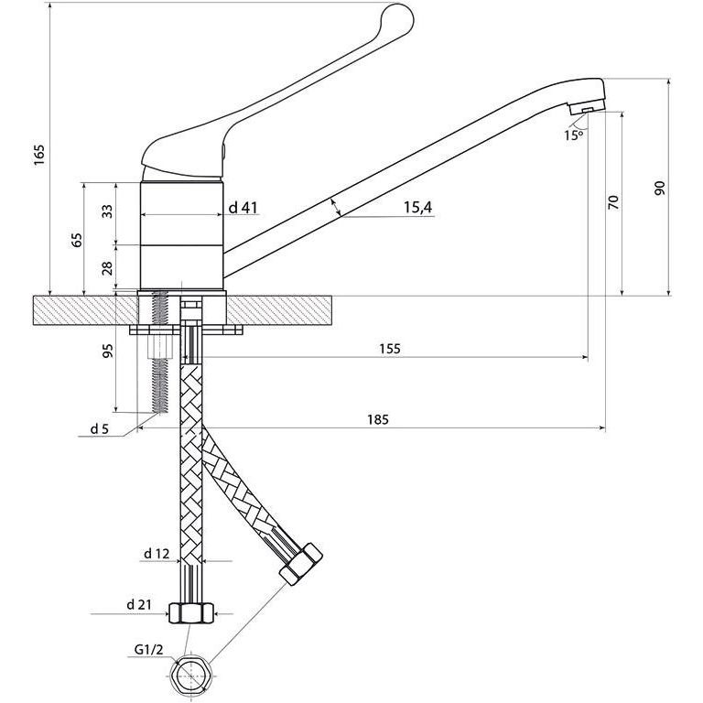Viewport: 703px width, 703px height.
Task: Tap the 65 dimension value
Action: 77,239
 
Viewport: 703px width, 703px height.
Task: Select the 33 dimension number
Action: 107,211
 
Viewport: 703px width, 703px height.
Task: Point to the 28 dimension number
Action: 107,268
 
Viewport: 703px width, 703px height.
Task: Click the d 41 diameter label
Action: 242,208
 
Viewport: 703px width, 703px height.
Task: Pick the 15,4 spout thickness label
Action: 416,208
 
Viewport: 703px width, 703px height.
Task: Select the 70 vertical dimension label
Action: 613,202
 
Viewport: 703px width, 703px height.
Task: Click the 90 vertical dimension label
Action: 659,188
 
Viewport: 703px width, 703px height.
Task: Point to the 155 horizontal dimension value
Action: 388,349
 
